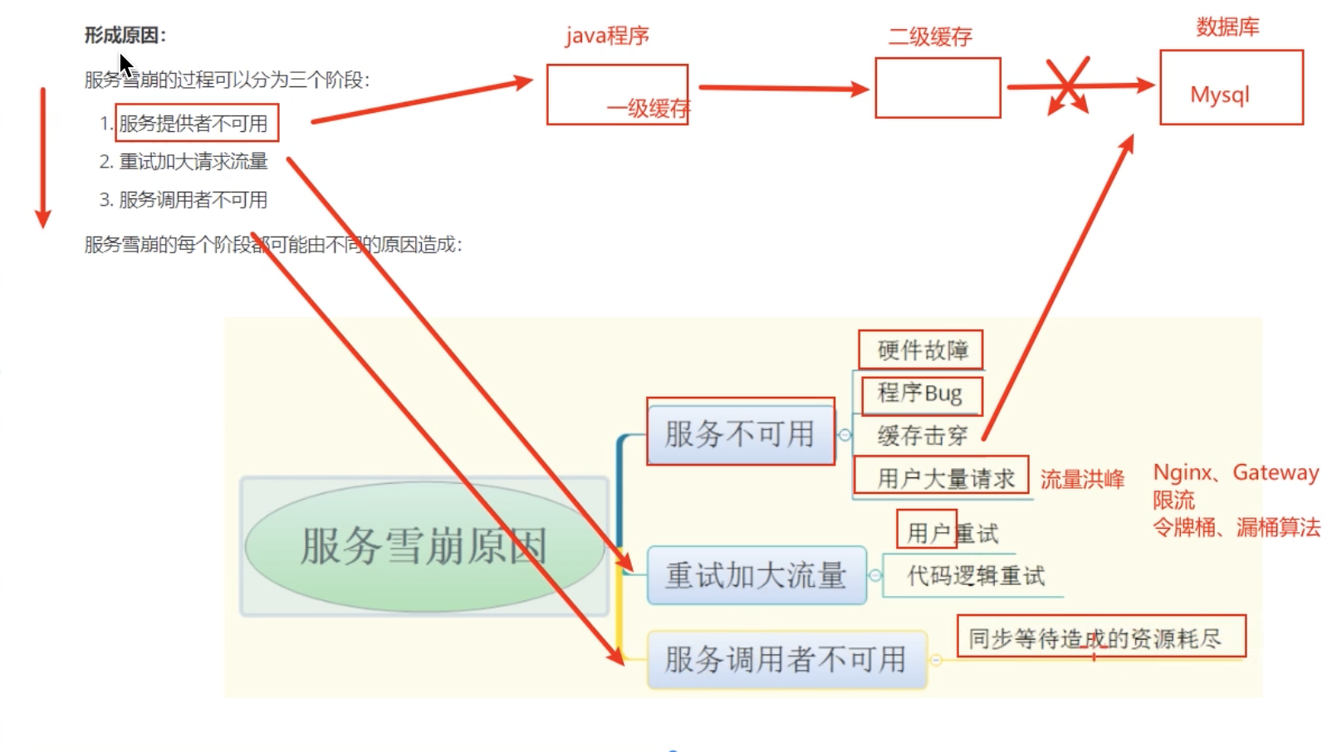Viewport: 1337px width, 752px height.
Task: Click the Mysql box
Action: pyautogui.click(x=1231, y=88)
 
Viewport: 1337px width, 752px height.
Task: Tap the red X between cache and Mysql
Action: pyautogui.click(x=1068, y=85)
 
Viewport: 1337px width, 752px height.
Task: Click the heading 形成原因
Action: pyautogui.click(x=125, y=35)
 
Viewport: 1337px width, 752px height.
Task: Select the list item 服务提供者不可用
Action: pyautogui.click(x=193, y=124)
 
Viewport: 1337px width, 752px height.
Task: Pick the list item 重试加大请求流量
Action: pyautogui.click(x=193, y=162)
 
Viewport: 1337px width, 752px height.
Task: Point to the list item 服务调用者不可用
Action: pyautogui.click(x=193, y=200)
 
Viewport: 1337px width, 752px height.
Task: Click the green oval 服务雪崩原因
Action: pyautogui.click(x=424, y=546)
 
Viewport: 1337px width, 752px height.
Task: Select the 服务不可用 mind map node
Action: pyautogui.click(x=740, y=433)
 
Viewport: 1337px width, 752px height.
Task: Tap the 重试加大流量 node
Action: pyautogui.click(x=756, y=575)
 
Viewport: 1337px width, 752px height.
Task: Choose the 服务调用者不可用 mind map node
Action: pyautogui.click(x=786, y=660)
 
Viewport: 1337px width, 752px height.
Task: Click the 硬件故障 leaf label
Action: pyautogui.click(x=923, y=350)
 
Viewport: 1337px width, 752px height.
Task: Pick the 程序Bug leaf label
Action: pyautogui.click(x=920, y=393)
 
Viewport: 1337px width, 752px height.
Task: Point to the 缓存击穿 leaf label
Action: pyautogui.click(x=922, y=436)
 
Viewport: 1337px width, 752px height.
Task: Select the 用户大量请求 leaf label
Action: pyautogui.click(x=946, y=479)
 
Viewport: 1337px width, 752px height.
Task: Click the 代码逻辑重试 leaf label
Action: pyautogui.click(x=976, y=576)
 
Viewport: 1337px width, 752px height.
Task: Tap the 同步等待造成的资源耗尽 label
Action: pyautogui.click(x=1095, y=638)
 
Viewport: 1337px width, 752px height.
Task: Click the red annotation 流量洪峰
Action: pyautogui.click(x=1082, y=480)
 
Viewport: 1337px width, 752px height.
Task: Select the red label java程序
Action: pyautogui.click(x=607, y=37)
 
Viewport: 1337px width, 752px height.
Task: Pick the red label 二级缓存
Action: pyautogui.click(x=930, y=37)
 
